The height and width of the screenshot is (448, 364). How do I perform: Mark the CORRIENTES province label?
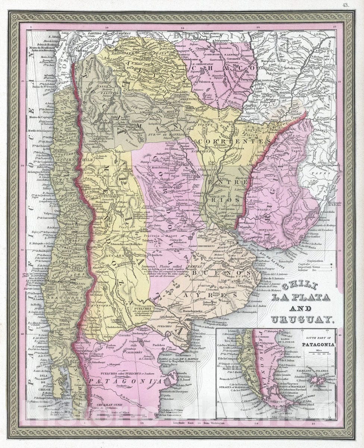click(234, 142)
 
